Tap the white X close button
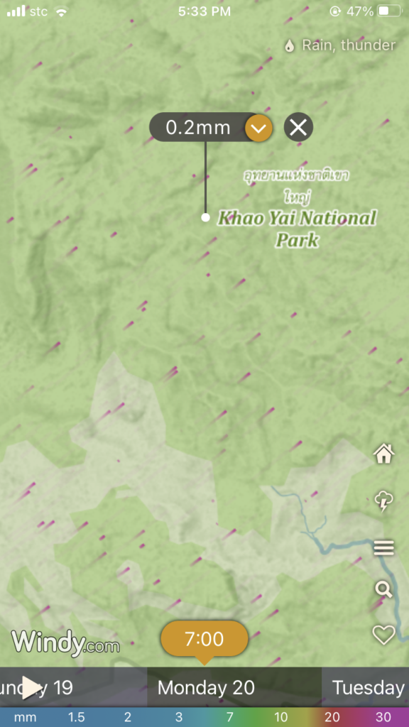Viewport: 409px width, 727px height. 298,128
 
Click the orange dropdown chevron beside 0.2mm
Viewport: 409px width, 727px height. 258,128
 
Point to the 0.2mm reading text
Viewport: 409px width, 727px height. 198,128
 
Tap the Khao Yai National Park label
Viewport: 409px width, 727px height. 297,228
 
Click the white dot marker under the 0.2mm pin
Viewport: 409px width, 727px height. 205,217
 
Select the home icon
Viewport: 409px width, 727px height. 384,454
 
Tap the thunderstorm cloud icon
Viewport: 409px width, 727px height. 384,501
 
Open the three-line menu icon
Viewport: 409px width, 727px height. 384,547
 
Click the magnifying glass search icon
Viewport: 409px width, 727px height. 383,589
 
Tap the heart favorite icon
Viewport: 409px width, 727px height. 384,634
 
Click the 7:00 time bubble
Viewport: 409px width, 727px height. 204,639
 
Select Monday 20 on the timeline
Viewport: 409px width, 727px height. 206,687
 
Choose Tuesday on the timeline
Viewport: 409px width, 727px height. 369,687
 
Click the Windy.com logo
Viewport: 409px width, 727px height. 65,643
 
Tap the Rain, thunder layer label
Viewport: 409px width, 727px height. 349,45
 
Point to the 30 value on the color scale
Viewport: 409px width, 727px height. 383,717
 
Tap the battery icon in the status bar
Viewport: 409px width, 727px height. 390,11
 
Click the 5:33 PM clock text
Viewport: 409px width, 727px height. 204,11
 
